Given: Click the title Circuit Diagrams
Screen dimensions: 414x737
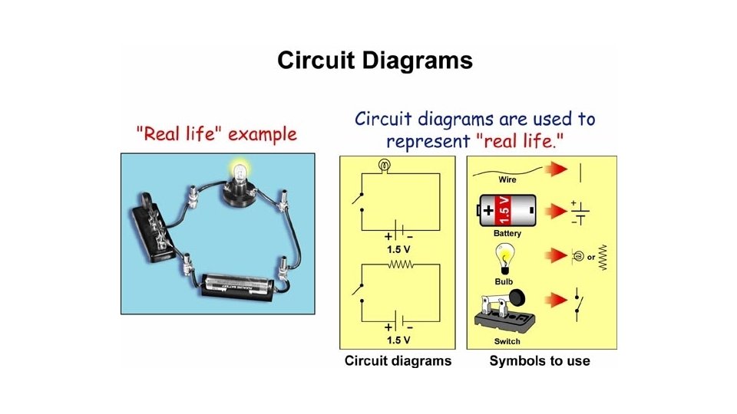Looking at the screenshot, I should tap(375, 61).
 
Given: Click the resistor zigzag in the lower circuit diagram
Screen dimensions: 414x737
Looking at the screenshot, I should tap(401, 264).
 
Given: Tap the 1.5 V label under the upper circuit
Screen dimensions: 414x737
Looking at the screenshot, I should tap(398, 249).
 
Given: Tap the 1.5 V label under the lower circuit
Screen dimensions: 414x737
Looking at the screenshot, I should tap(398, 340).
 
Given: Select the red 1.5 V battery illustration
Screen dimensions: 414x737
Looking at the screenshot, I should tap(507, 209).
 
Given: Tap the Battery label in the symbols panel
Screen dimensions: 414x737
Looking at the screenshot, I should tap(507, 233).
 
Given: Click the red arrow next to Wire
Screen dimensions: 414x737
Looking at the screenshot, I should tap(560, 169).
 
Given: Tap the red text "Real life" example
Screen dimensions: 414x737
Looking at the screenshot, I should tap(216, 135).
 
